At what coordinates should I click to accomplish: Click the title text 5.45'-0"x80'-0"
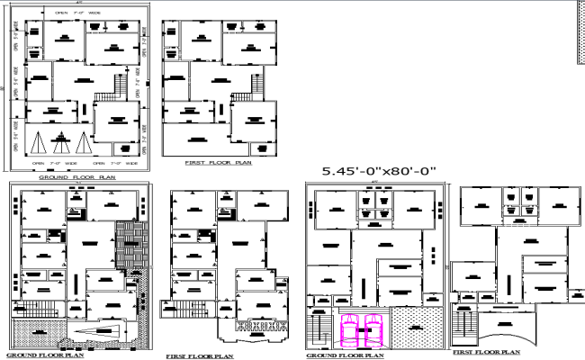(378, 170)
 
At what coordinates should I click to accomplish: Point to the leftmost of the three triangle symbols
(39, 143)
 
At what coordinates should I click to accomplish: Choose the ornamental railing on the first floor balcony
(261, 325)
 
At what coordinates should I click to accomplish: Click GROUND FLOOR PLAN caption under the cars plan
(345, 355)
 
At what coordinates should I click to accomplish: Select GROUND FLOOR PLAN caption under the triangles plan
(76, 177)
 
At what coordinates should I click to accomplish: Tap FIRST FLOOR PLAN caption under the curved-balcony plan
(487, 352)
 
